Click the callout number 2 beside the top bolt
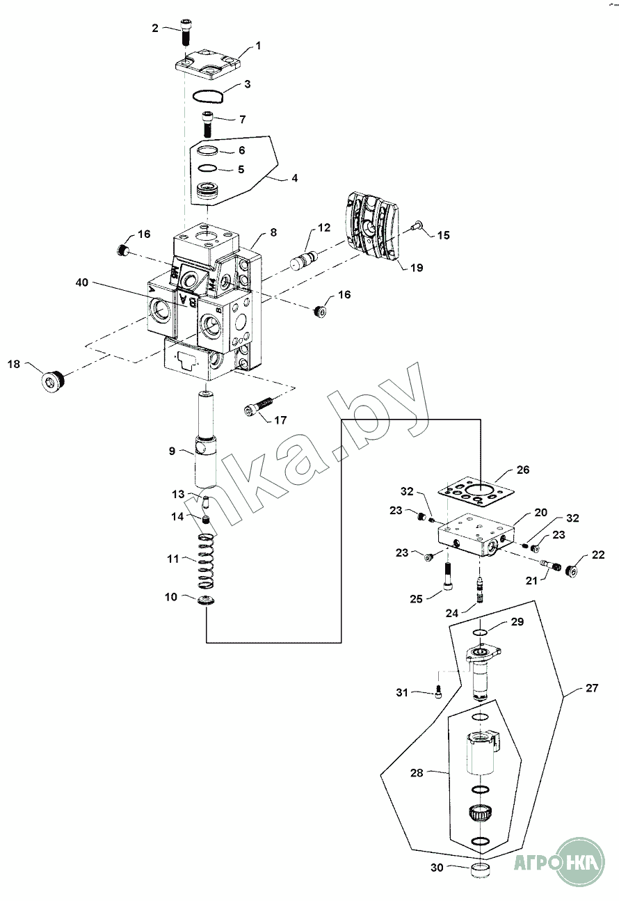coord(155,28)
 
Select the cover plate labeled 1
coord(208,63)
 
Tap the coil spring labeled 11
coord(205,561)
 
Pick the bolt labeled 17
coord(259,406)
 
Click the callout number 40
coord(81,282)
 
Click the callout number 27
coord(592,688)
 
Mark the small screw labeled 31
coord(440,693)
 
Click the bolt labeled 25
coord(448,575)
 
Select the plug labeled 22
coord(570,570)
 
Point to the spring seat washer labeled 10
coord(206,601)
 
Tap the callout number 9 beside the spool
coord(172,451)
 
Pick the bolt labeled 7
coord(208,125)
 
